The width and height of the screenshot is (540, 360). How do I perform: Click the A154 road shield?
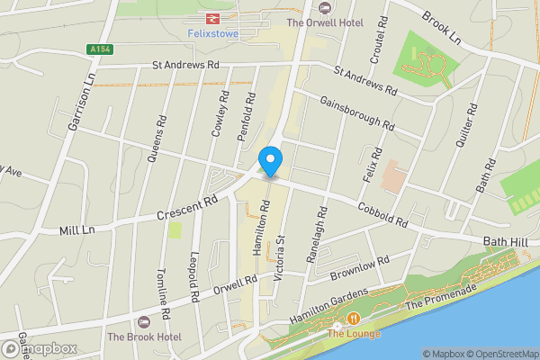click(101, 49)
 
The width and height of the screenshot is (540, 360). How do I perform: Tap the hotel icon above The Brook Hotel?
click(142, 322)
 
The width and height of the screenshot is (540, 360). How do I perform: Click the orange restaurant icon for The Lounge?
click(353, 319)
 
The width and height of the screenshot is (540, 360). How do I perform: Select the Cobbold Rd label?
click(382, 213)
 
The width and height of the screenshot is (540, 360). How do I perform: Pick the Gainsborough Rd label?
click(356, 112)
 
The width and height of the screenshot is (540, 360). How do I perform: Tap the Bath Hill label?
click(508, 241)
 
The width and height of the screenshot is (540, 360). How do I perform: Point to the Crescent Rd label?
click(187, 209)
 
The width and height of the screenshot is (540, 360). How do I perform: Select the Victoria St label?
click(280, 255)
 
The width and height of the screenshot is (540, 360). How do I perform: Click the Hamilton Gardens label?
click(328, 307)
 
